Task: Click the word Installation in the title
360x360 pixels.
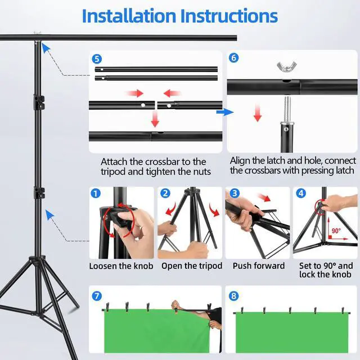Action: pos(129,16)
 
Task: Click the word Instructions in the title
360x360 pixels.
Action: pos(229,16)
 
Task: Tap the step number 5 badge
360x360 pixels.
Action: pos(97,59)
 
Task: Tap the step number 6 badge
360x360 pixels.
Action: pos(234,57)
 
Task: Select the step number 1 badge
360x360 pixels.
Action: pos(96,193)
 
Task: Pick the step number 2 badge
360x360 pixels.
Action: pos(165,193)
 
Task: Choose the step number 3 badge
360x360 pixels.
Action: pos(235,193)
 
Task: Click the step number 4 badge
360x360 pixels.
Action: pos(301,193)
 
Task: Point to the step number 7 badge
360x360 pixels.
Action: pos(97,296)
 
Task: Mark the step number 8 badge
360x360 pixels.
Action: pos(234,296)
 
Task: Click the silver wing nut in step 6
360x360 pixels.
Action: pos(286,66)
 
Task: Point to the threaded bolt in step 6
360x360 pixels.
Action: pos(287,110)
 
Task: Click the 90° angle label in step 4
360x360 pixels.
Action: pos(336,231)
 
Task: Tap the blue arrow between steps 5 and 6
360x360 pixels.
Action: pos(225,112)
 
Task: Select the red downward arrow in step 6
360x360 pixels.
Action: pos(258,112)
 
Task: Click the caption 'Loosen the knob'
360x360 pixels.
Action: pos(121,266)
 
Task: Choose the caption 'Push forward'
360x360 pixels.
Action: pos(259,265)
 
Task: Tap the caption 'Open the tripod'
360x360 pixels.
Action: pos(192,266)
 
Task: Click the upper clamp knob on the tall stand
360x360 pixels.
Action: pos(39,102)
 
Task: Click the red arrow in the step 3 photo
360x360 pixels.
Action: pos(264,197)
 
